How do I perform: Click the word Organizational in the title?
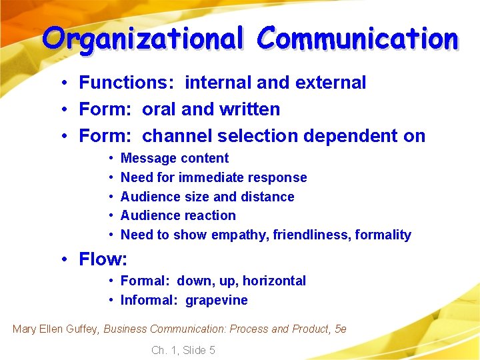click(x=143, y=39)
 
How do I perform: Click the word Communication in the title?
click(x=359, y=39)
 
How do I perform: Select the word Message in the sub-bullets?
click(x=147, y=159)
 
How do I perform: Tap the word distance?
click(x=267, y=197)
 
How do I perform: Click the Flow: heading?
click(x=103, y=259)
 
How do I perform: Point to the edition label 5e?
click(x=340, y=329)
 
